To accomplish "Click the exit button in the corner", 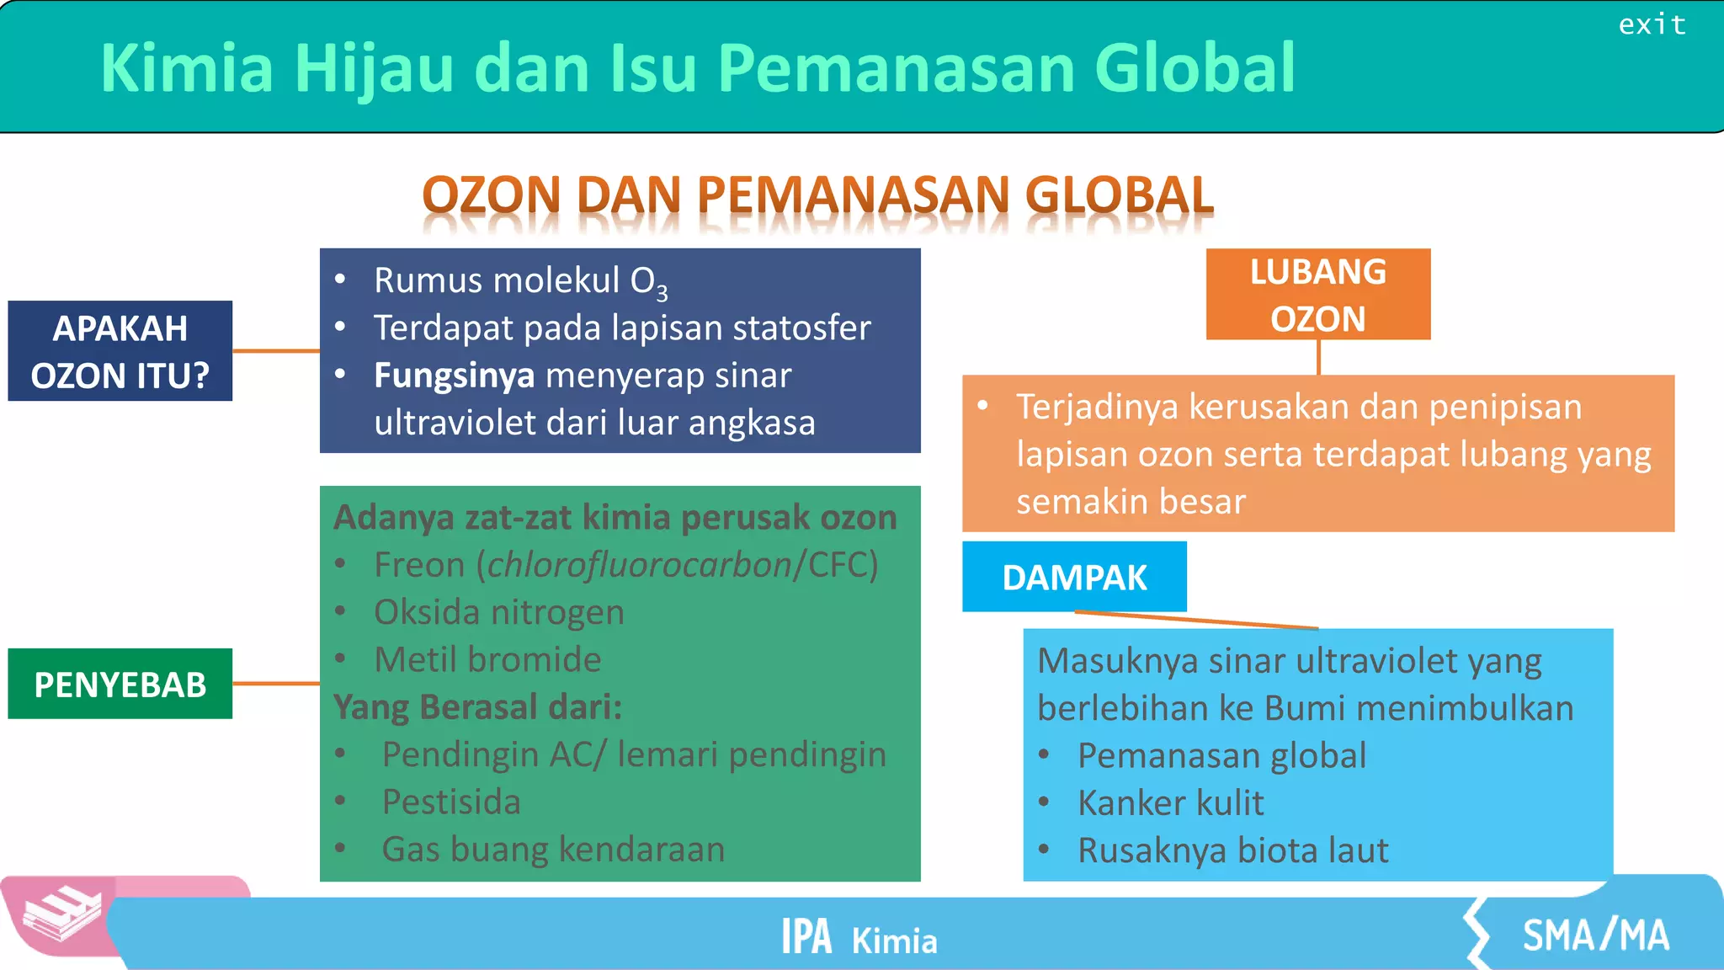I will (x=1652, y=25).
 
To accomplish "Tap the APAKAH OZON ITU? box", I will (x=120, y=351).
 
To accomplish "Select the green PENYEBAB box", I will (x=120, y=684).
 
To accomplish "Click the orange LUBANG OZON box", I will (x=1317, y=295).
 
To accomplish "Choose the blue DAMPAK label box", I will (x=1074, y=578).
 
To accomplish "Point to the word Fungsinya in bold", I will (x=454, y=376).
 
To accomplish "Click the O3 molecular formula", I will (x=649, y=282).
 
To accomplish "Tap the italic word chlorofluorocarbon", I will (x=639, y=565).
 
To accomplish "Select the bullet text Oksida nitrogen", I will (x=499, y=612).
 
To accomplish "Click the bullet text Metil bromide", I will (x=487, y=659).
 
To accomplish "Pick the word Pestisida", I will (x=451, y=802).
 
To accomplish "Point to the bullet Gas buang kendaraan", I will (x=553, y=849).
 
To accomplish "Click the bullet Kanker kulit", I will (x=1171, y=803).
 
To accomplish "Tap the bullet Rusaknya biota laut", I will (x=1233, y=850).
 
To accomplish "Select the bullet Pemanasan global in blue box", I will (x=1221, y=756).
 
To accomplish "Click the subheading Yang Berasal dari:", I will (x=477, y=707).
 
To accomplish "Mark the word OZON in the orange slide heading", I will (x=492, y=195).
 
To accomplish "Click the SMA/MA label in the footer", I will (x=1595, y=935).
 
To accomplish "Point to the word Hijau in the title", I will (x=375, y=69).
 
